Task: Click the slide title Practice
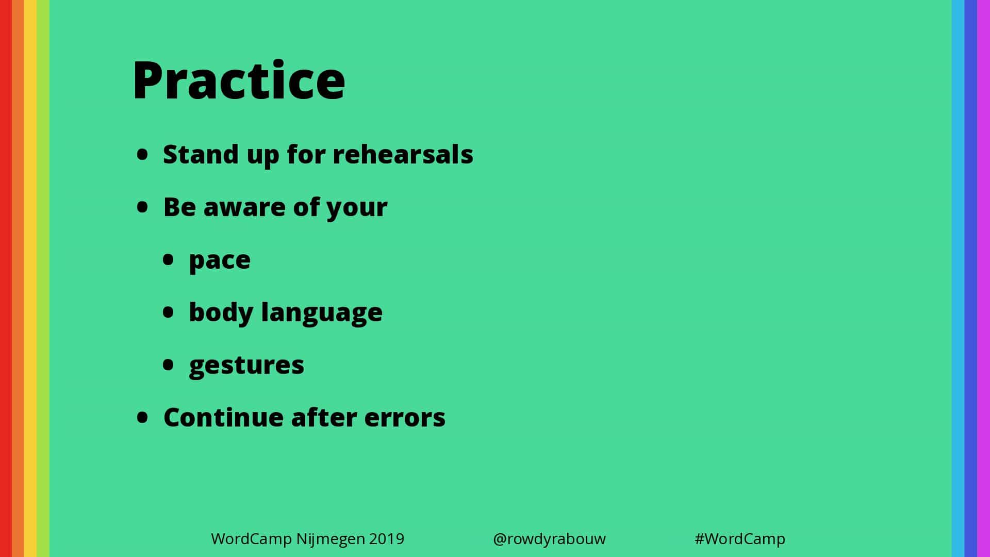coord(239,80)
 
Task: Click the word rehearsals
coord(403,154)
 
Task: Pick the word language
coord(322,313)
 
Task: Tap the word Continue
coord(223,417)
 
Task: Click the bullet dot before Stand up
coord(142,154)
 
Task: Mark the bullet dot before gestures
coord(168,365)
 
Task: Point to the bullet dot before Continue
coord(142,417)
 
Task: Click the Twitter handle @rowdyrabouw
coord(549,539)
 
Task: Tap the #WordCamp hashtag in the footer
coord(740,539)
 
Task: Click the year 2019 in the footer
coord(387,539)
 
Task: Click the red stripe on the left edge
coord(6,278)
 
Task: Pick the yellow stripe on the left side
coord(30,278)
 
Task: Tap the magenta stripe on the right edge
coord(983,278)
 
